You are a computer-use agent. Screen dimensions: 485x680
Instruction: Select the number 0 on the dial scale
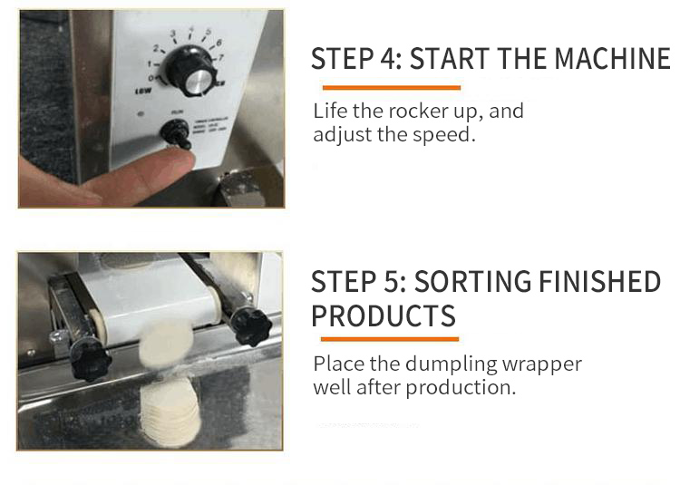tap(151, 78)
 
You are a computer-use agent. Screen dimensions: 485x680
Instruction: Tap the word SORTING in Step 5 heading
tap(471, 282)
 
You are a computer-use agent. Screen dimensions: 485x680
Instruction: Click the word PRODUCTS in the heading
tap(384, 316)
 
